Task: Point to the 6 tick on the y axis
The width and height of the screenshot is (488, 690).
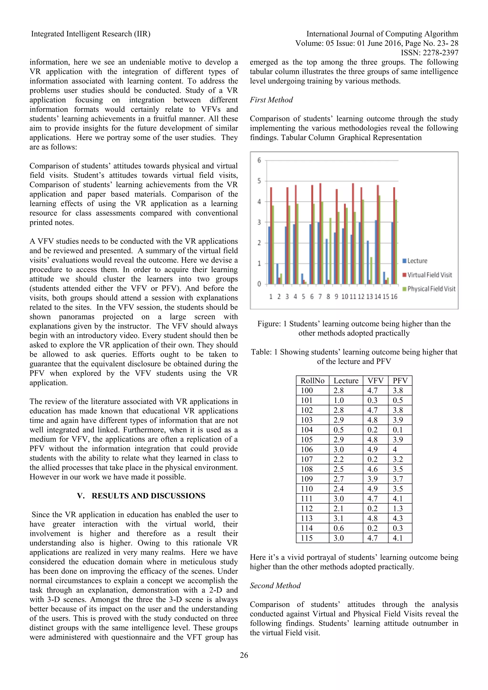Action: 259,160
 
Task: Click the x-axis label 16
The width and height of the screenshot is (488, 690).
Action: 394,297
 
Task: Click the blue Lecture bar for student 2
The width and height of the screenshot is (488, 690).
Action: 277,274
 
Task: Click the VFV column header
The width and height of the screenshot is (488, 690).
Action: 375,381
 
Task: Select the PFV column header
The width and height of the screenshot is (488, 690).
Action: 400,381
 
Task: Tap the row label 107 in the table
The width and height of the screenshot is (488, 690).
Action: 307,459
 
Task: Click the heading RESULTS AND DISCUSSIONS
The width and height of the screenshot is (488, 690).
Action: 148,496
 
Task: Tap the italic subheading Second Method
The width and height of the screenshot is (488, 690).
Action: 275,585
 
